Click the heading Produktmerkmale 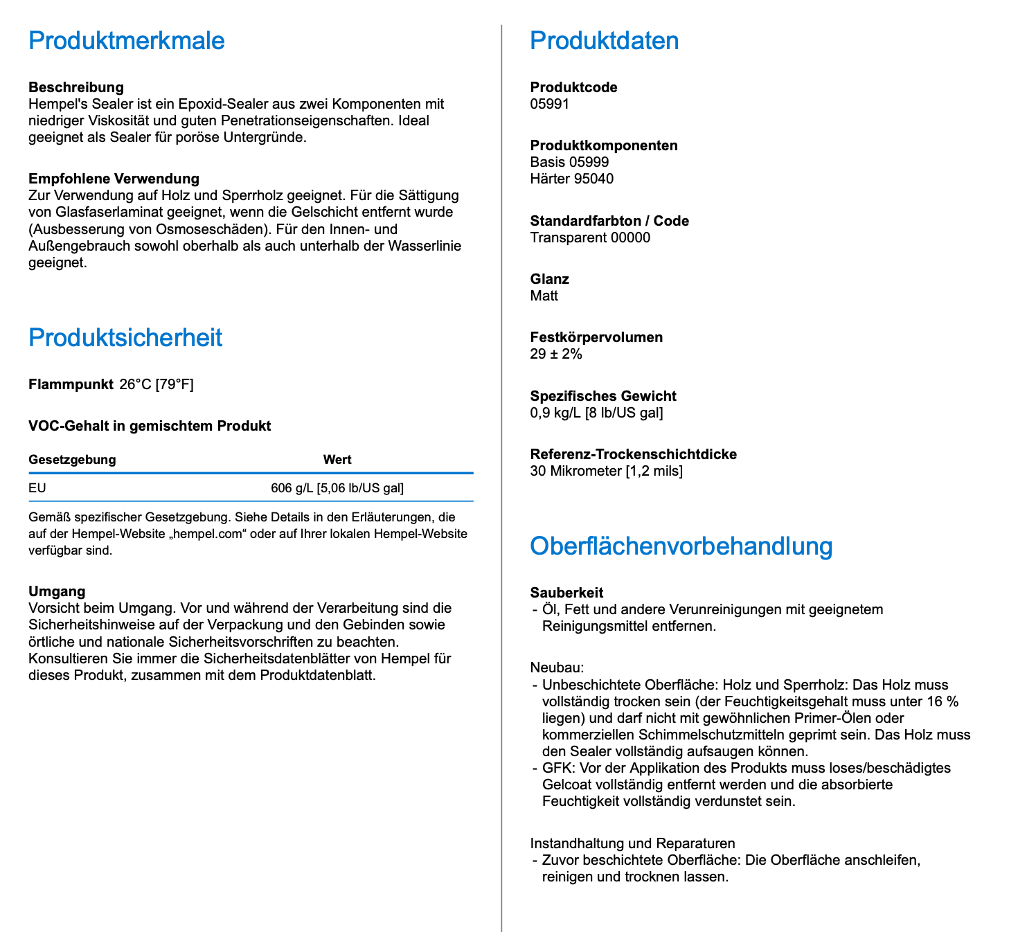pos(127,41)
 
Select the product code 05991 pos(549,105)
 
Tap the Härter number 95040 pos(593,179)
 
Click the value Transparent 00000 pos(590,238)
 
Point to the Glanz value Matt pos(544,296)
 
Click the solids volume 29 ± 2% pos(556,355)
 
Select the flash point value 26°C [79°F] pos(157,384)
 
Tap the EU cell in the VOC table pos(37,488)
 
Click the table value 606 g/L pos(292,488)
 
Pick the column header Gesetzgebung pos(72,460)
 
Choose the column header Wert pos(337,460)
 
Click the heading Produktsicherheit pos(125,338)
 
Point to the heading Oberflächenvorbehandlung pos(681,546)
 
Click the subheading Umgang pos(57,591)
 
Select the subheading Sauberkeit pos(566,593)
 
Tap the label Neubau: pos(557,668)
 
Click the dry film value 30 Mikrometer pos(575,472)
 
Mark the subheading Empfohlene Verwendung pos(114,179)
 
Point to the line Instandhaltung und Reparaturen pos(632,843)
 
